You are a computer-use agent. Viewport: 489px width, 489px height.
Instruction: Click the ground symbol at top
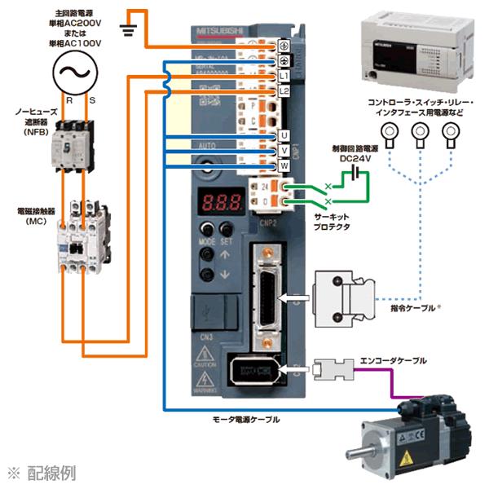coord(126,30)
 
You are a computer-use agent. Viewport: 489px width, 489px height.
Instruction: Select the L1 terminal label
coord(284,76)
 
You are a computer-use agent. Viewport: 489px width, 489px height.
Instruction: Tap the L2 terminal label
coord(284,90)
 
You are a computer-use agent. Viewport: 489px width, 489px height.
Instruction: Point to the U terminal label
coord(284,134)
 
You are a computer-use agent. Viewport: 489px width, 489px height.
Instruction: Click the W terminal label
coord(284,165)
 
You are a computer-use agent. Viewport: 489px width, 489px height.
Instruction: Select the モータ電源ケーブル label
coord(245,418)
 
